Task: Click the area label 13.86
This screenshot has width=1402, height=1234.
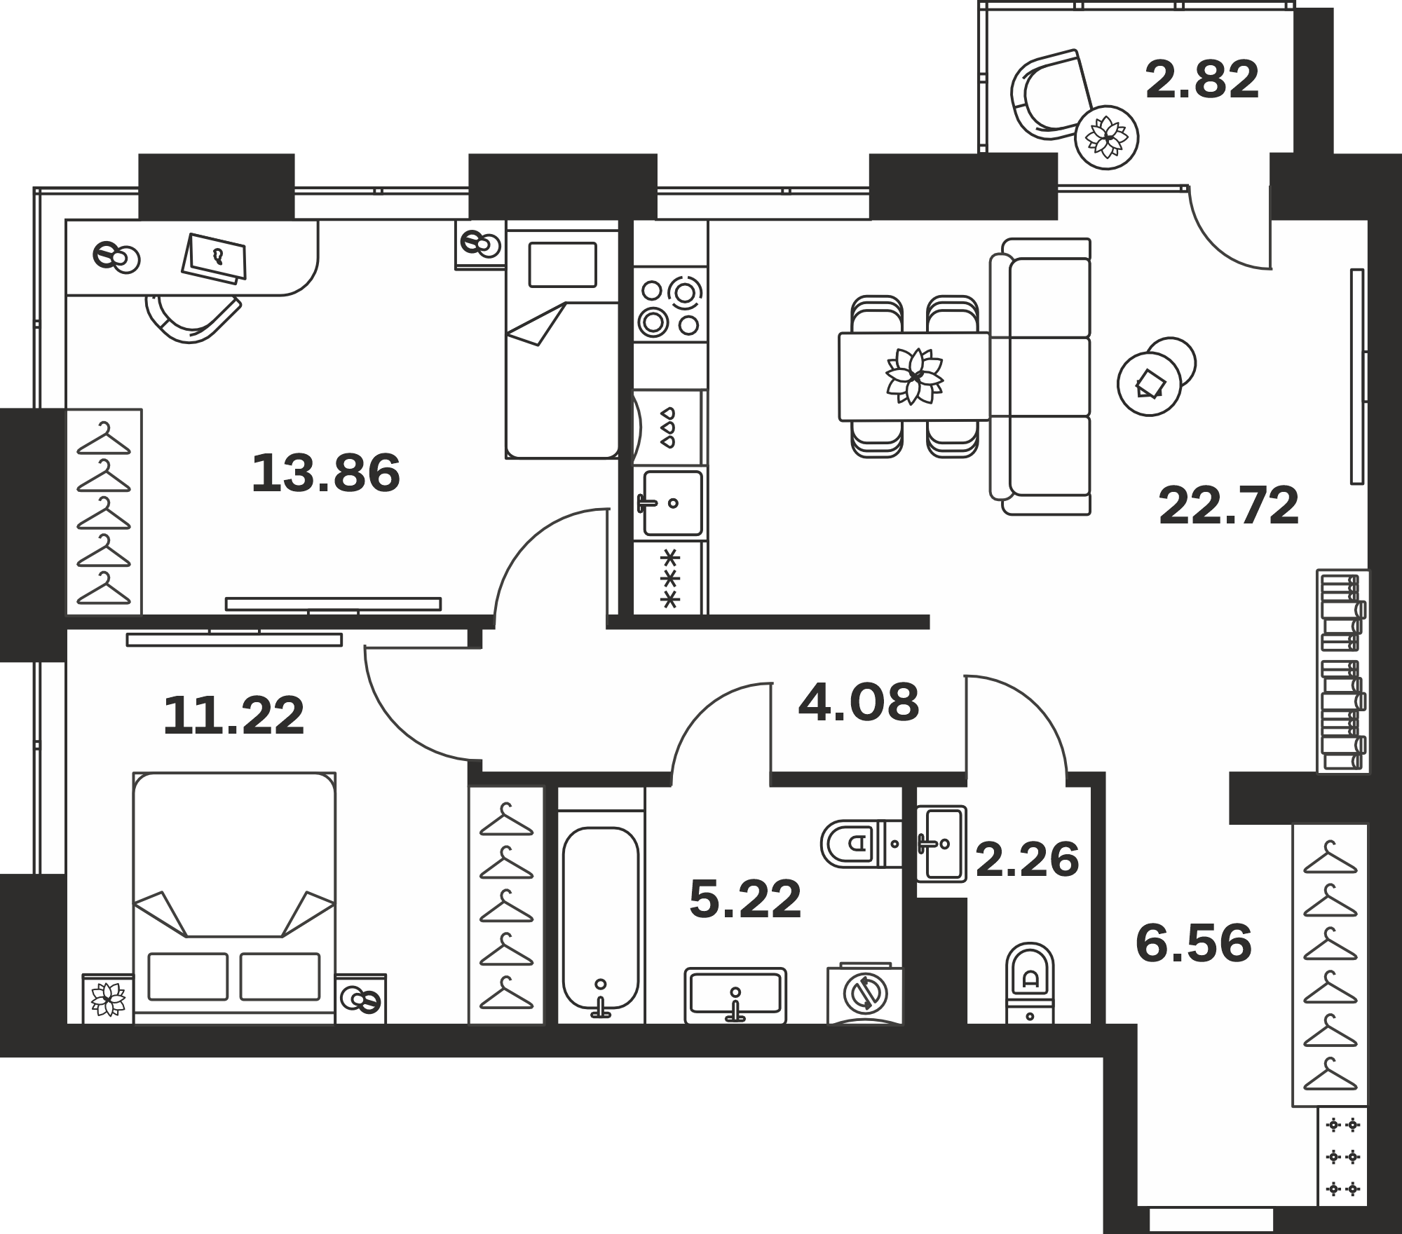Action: (326, 473)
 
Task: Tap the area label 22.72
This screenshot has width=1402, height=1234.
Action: (1229, 506)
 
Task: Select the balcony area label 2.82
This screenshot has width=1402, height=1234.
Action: (1202, 81)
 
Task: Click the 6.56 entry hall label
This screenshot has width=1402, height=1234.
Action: (1193, 943)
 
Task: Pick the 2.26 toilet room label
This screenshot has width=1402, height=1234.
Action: (1027, 860)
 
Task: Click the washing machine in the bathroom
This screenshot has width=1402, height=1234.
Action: (865, 993)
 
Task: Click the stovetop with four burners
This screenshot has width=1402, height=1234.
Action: (670, 307)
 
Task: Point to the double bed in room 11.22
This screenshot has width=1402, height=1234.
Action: (234, 898)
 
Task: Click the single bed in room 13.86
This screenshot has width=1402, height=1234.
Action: (562, 340)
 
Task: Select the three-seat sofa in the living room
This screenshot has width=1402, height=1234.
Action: (1041, 377)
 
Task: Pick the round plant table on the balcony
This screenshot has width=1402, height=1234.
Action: (1106, 138)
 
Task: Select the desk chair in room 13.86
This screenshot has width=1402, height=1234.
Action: (193, 319)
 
